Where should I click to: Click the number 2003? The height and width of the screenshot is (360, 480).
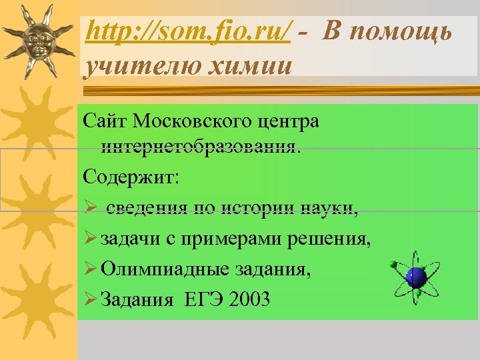[249, 299]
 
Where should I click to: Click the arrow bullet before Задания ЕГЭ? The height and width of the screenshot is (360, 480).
[91, 299]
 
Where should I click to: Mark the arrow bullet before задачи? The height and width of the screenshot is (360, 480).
[91, 240]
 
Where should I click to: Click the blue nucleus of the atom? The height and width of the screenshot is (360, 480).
[416, 277]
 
